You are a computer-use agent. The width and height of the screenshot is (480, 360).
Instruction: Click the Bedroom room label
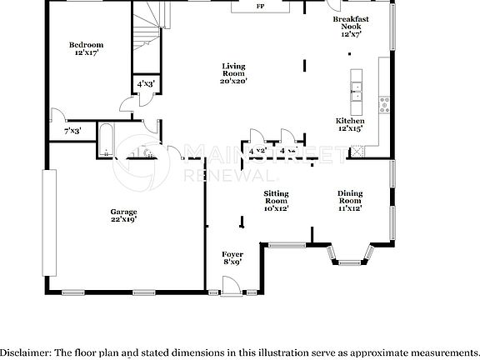pos(86,45)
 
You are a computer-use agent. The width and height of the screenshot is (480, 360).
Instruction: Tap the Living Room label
pos(232,67)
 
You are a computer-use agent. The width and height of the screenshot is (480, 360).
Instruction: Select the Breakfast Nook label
pos(350,19)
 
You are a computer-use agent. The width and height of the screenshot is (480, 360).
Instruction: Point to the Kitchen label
pos(350,122)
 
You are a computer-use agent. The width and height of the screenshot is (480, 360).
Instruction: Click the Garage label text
pos(124,212)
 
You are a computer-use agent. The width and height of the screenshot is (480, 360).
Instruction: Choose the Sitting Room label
pos(276,197)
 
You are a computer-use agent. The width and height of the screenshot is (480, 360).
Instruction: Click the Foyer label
pos(232,253)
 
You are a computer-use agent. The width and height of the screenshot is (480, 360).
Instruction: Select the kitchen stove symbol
pos(384,104)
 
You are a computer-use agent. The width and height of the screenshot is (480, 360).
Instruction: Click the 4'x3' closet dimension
pos(145,83)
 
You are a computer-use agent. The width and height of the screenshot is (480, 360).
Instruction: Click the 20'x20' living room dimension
pos(232,82)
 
